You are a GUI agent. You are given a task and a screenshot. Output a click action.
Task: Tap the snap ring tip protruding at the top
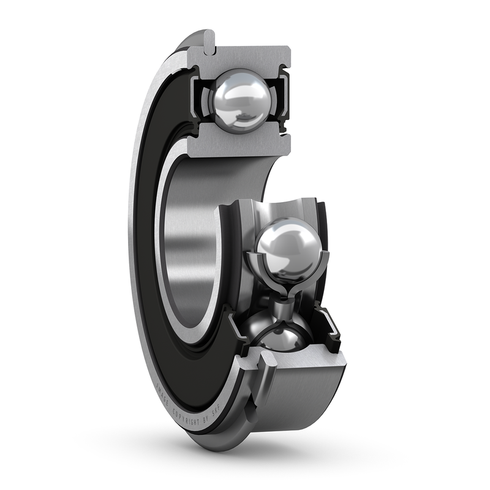[208, 38]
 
